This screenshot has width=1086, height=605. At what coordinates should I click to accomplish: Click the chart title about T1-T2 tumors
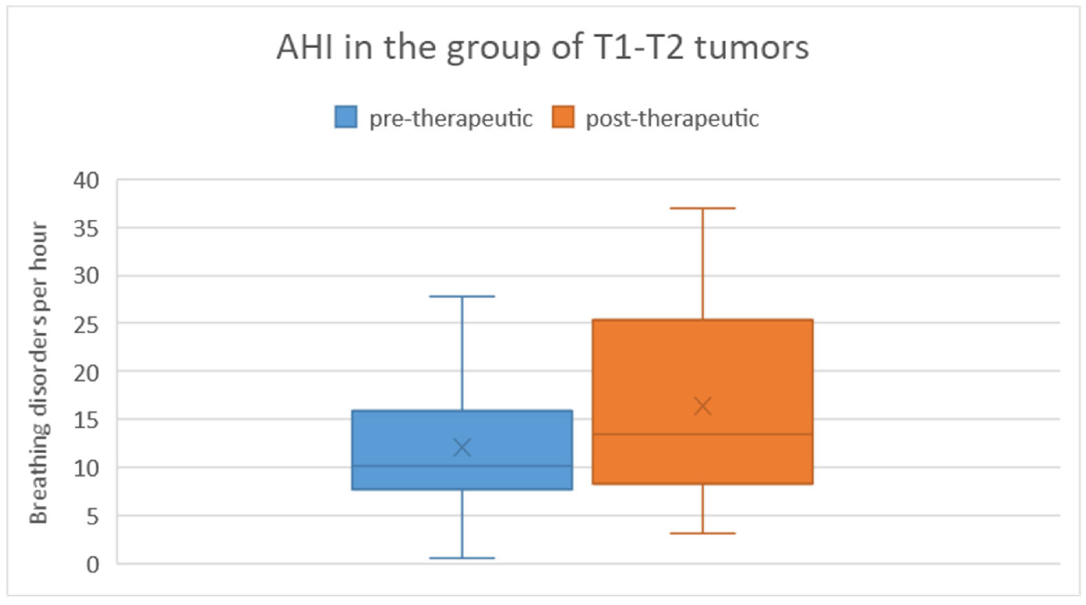pyautogui.click(x=542, y=48)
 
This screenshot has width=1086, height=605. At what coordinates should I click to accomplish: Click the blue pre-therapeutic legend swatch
pyautogui.click(x=346, y=117)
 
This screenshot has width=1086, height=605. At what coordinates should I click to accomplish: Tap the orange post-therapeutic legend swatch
pyautogui.click(x=563, y=117)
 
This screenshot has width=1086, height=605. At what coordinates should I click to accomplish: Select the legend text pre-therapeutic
pyautogui.click(x=451, y=118)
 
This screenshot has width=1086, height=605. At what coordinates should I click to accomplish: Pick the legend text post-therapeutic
pyautogui.click(x=672, y=118)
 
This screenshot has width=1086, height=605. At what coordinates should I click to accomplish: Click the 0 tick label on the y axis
pyautogui.click(x=93, y=564)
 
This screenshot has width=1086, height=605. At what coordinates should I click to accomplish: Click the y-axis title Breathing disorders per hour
pyautogui.click(x=39, y=373)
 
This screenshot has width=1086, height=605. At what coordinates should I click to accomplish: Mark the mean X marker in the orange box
pyautogui.click(x=703, y=406)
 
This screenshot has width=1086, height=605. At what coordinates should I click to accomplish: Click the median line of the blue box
pyautogui.click(x=462, y=466)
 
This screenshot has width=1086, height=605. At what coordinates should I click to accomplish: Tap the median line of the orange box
pyautogui.click(x=703, y=434)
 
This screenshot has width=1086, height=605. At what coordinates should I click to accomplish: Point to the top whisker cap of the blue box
pyautogui.click(x=462, y=296)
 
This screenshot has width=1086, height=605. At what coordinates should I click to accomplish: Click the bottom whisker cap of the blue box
pyautogui.click(x=462, y=558)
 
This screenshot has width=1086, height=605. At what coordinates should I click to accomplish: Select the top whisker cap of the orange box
pyautogui.click(x=703, y=208)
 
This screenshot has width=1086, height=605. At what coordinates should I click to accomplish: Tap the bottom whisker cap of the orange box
pyautogui.click(x=703, y=533)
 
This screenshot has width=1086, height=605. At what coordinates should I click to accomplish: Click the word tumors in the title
pyautogui.click(x=752, y=48)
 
